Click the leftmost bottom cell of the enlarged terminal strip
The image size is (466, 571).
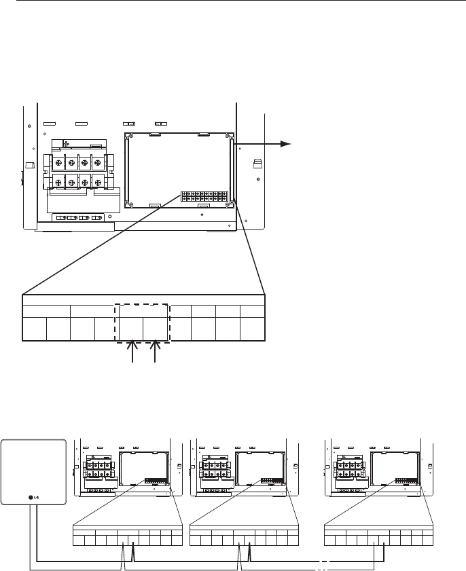pos(35,329)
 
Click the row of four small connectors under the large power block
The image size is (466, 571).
pos(77,218)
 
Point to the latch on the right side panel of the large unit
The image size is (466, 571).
pos(257,164)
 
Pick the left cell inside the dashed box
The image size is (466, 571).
pos(131,329)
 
